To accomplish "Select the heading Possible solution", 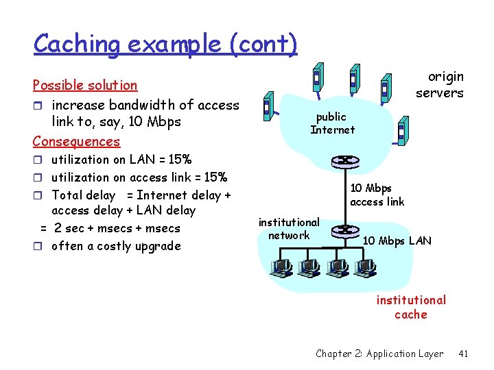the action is point(85,85).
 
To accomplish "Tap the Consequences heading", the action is point(76,141).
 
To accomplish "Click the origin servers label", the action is point(440,85).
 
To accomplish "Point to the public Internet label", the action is point(332,123).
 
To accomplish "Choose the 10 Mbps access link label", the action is point(377,195).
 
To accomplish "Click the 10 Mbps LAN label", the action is point(397,241).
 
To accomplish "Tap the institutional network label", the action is point(289,229).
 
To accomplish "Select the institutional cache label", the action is point(411,307).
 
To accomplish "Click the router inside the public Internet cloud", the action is point(340,162).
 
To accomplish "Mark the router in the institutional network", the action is point(346,231).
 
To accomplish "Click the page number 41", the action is point(463,354).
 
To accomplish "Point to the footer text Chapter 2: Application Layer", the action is point(379,354).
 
